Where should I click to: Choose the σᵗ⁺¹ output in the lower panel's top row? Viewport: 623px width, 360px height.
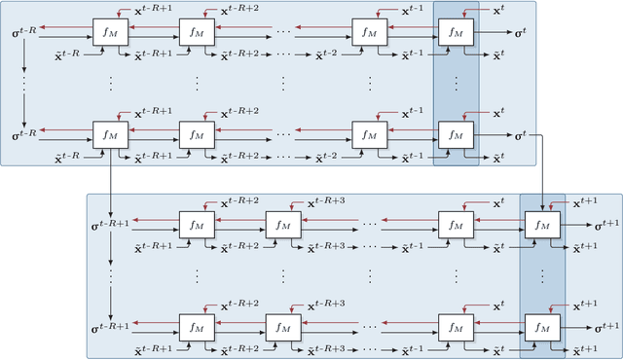608,225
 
